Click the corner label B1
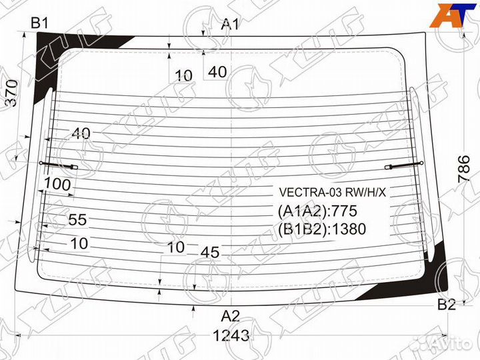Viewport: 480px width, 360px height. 41,23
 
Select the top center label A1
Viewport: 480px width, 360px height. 230,25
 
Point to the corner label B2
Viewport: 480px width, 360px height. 447,305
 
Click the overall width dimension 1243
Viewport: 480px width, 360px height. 231,335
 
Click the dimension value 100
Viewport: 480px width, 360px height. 57,183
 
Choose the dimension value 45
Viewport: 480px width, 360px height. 210,252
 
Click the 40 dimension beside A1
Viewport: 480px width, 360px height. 217,72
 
